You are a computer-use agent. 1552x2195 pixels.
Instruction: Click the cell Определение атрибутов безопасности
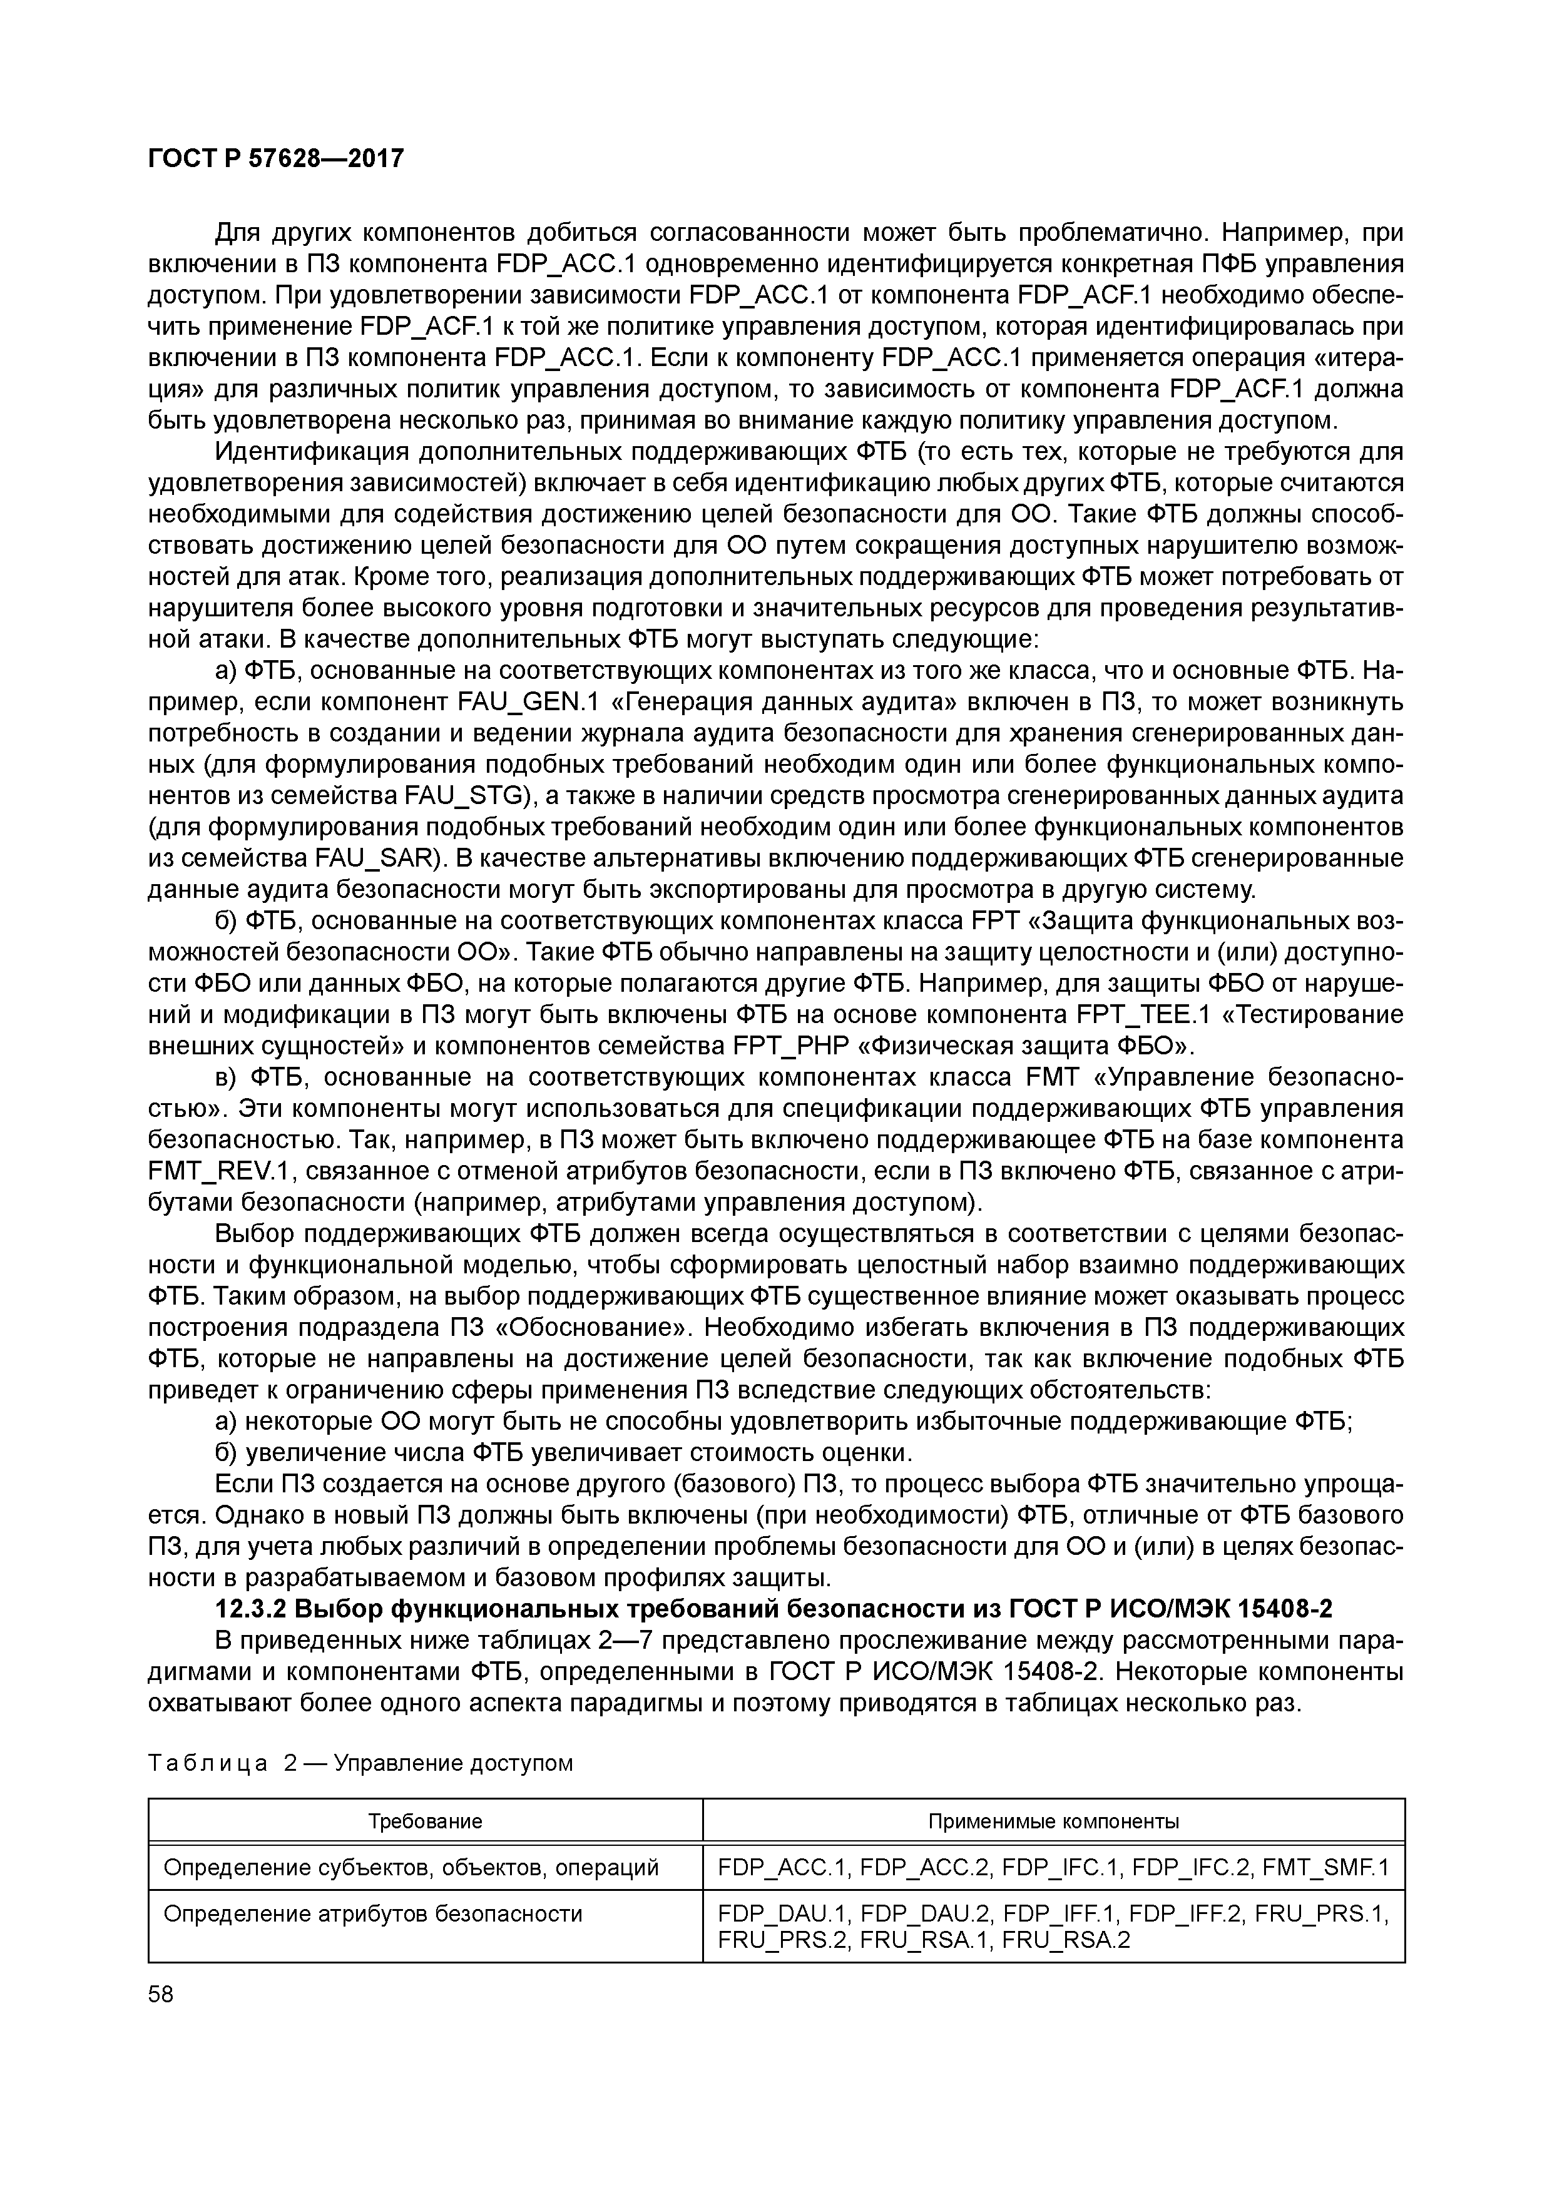373,1914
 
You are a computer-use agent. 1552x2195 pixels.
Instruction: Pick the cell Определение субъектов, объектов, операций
411,1867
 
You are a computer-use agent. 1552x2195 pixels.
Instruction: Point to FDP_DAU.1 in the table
783,1914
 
